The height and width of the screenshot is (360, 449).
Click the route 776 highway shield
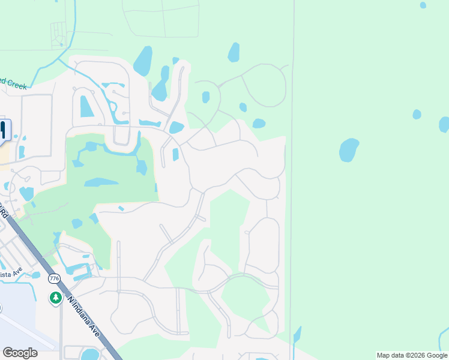click(x=55, y=278)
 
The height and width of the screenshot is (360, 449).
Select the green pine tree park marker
click(x=55, y=297)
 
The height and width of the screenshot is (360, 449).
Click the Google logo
click(x=20, y=353)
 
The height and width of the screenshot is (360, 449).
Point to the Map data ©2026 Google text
click(x=412, y=355)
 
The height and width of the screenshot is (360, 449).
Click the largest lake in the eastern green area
click(x=349, y=149)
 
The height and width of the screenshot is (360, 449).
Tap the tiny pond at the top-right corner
click(x=423, y=5)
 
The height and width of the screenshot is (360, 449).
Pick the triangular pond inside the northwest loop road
click(x=86, y=107)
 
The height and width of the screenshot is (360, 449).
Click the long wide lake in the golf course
click(x=101, y=182)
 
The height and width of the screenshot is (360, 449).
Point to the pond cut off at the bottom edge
click(x=89, y=354)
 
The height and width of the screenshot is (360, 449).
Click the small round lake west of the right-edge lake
click(x=417, y=114)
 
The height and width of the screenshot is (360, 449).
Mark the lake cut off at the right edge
click(x=444, y=124)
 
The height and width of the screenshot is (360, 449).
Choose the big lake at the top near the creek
click(x=143, y=61)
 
